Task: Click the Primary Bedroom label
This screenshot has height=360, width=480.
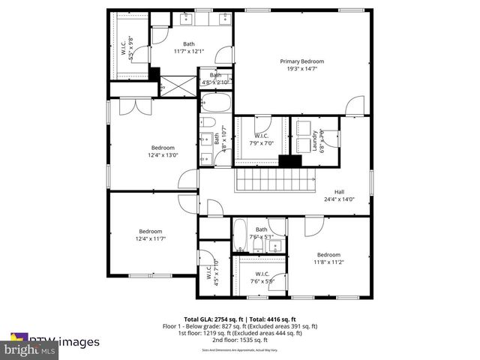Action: [302, 61]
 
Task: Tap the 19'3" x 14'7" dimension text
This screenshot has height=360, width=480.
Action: [302, 68]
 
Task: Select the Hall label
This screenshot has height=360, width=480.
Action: [339, 191]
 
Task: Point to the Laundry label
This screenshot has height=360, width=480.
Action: [314, 140]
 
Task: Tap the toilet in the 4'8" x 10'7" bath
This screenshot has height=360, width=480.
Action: [208, 123]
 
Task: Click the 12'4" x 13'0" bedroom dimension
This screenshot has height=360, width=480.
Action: [163, 155]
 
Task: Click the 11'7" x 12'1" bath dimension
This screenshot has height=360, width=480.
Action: [188, 51]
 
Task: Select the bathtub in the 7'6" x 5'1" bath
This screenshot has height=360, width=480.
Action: [240, 235]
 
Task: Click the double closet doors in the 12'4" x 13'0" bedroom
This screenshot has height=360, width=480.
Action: [136, 107]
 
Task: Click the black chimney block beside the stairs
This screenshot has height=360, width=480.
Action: [289, 160]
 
